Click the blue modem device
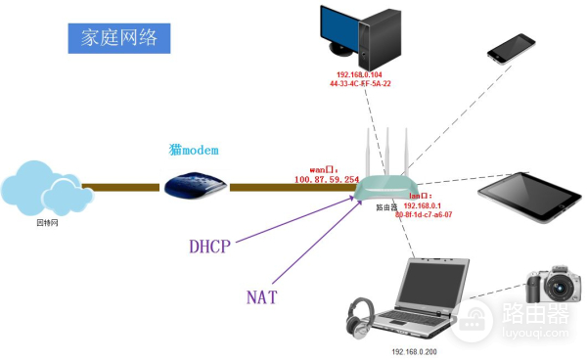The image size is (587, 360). tap(194, 186)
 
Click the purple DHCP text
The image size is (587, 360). tap(209, 247)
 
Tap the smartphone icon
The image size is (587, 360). tap(512, 46)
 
